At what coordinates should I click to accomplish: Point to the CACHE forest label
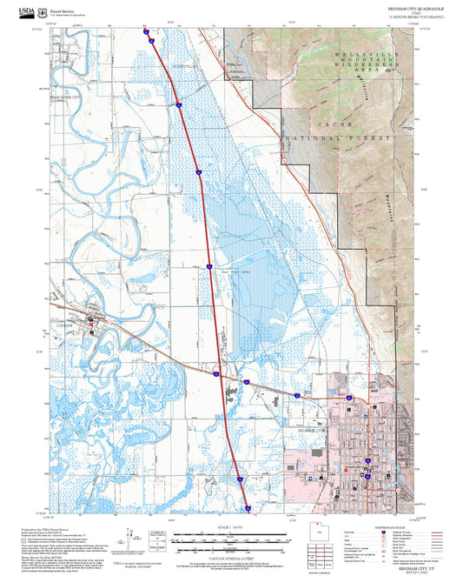coord(328,125)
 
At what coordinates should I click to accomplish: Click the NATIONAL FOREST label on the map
coord(340,137)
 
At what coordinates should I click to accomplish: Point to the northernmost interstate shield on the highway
coord(149,32)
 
